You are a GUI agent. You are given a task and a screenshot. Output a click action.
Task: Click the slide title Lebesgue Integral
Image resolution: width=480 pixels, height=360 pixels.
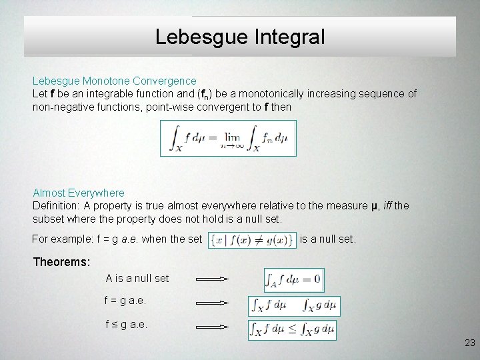[x=240, y=36]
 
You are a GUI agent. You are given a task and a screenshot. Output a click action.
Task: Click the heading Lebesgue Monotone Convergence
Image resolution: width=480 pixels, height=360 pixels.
[x=114, y=81]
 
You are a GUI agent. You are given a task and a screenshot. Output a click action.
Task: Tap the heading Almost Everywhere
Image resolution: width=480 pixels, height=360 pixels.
[x=78, y=193]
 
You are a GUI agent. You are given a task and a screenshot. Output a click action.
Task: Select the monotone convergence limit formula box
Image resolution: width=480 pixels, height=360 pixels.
[x=228, y=138]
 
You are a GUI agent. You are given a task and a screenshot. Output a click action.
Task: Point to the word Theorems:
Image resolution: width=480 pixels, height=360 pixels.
[x=61, y=262]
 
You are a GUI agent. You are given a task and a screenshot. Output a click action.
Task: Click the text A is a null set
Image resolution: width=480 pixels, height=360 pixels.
[x=137, y=278]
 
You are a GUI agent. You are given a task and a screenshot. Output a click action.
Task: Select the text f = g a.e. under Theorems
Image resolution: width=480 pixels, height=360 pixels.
[x=125, y=301]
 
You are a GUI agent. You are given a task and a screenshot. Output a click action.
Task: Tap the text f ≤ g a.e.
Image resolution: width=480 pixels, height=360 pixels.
[x=125, y=325]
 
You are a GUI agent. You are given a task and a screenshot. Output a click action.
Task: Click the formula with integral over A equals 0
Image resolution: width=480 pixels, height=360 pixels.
[x=293, y=279]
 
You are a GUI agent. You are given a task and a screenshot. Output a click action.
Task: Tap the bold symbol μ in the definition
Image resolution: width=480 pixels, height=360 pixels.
[x=374, y=206]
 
